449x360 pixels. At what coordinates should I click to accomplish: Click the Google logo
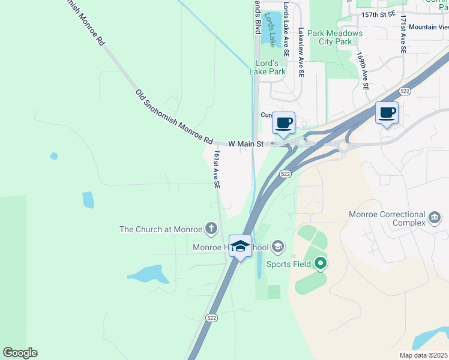tap(20, 353)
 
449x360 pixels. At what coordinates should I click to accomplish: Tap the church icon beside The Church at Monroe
tap(211, 228)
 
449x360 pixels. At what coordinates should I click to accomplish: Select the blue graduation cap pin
tap(241, 247)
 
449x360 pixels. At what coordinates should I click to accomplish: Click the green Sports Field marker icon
tap(320, 263)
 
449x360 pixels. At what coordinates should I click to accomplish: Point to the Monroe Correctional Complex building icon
tap(435, 215)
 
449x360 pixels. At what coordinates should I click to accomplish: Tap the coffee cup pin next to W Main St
tap(283, 124)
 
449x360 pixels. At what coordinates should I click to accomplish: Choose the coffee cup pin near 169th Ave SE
tap(387, 112)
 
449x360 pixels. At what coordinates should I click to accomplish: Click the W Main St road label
tap(246, 144)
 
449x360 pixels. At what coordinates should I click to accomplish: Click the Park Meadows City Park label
tap(335, 37)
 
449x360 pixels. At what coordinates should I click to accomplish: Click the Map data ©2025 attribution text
tap(424, 355)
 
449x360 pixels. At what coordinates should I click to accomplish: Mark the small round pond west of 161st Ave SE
tap(54, 156)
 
